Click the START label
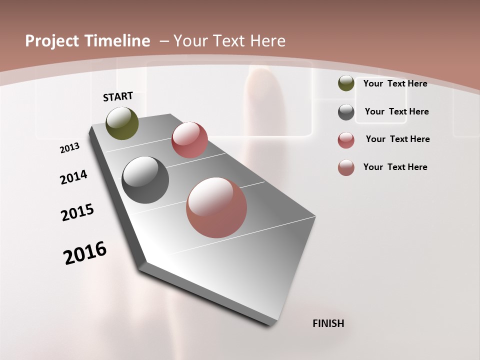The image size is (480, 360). coord(118,96)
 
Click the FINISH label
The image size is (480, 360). coord(328,323)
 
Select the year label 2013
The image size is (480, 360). coord(69,148)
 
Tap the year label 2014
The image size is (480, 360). coord(73,177)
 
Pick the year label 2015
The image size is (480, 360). coord(77,212)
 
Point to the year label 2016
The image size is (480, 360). coord(85,253)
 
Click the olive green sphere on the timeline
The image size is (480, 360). coord(122,123)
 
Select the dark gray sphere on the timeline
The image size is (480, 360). coord(145,180)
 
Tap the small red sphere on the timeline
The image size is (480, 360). coord(189,140)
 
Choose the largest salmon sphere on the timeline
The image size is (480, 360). coord(216,207)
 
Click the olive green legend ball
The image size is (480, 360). coord(346,83)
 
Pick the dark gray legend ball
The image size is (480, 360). coord(346,112)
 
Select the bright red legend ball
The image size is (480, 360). coord(346,140)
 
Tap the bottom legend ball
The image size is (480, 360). coord(346,167)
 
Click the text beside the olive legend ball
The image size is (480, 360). coord(395,83)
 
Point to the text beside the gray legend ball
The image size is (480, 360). coord(396,111)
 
